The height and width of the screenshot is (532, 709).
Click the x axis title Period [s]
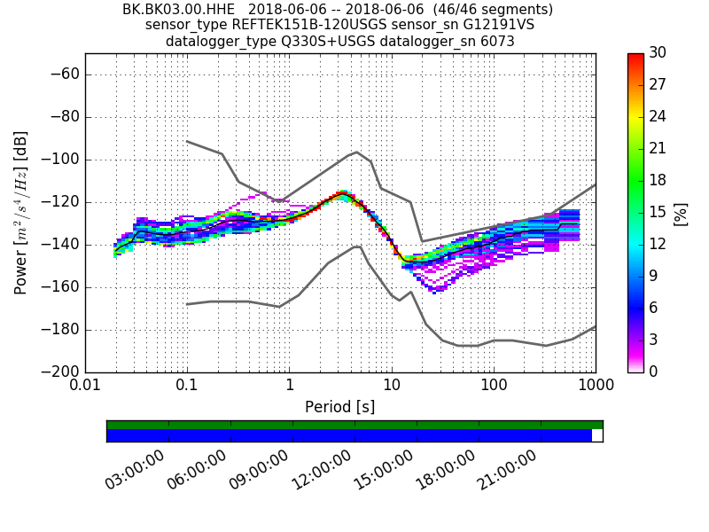click(340, 407)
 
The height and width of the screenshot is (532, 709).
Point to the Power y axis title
click(21, 213)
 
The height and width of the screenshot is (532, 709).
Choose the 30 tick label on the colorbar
click(657, 53)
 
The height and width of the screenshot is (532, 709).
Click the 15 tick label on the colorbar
click(657, 213)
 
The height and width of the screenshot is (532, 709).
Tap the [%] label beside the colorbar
click(681, 213)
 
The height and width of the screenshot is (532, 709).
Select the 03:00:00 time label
click(136, 469)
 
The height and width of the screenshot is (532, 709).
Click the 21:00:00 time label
click(508, 469)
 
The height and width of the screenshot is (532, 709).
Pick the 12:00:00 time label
click(322, 469)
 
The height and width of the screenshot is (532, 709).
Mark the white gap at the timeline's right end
click(597, 435)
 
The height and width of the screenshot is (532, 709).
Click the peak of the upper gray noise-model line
click(356, 152)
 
